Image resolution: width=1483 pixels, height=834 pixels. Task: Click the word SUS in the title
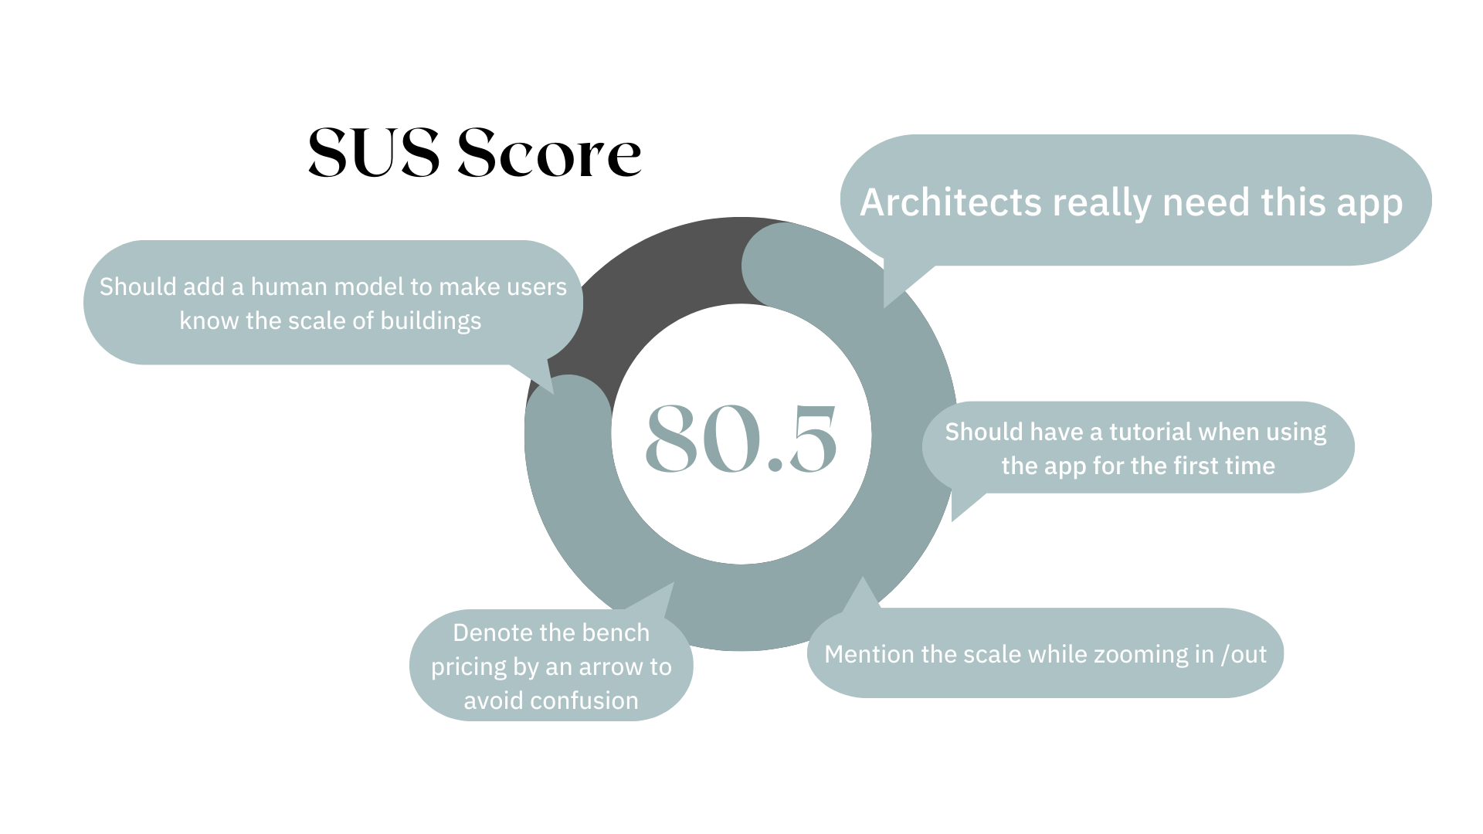click(374, 153)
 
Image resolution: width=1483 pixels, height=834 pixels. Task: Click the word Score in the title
click(549, 153)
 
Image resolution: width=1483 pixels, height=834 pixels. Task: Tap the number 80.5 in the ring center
click(741, 438)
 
